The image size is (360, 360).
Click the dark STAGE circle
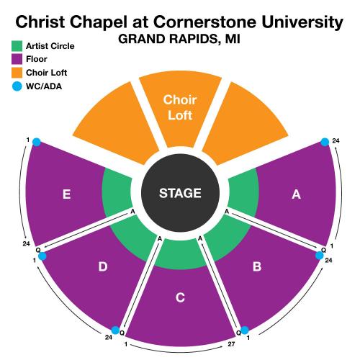pyautogui.click(x=180, y=193)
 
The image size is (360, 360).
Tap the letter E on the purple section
pyautogui.click(x=66, y=194)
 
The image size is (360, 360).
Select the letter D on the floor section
pyautogui.click(x=103, y=266)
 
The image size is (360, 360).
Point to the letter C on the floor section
pyautogui.click(x=180, y=297)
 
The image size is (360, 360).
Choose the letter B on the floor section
pyautogui.click(x=257, y=266)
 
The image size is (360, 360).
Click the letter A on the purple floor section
pyautogui.click(x=296, y=194)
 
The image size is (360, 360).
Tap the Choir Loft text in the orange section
pyautogui.click(x=180, y=107)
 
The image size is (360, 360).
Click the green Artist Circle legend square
pyautogui.click(x=17, y=46)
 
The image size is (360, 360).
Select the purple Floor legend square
pyautogui.click(x=17, y=59)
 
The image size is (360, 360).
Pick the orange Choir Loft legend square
pyautogui.click(x=17, y=73)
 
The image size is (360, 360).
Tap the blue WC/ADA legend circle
pyautogui.click(x=17, y=86)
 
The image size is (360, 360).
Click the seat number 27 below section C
pyautogui.click(x=231, y=344)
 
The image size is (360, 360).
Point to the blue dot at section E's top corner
pyautogui.click(x=37, y=142)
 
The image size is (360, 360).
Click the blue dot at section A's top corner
pyautogui.click(x=325, y=142)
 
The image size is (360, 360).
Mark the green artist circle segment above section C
pyautogui.click(x=180, y=254)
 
